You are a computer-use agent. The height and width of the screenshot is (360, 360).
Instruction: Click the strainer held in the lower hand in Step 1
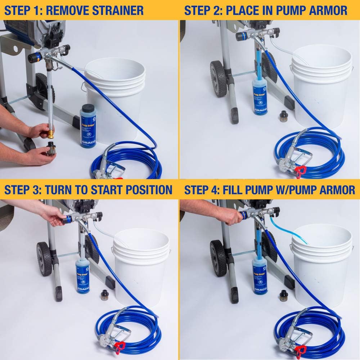[50, 148]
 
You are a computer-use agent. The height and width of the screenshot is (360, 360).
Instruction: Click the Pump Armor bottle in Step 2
[260, 97]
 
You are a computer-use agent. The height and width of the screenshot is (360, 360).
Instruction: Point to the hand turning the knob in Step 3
[54, 216]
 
